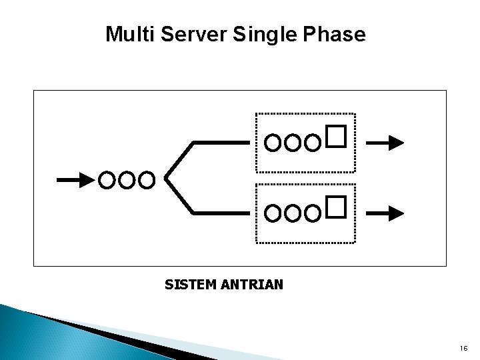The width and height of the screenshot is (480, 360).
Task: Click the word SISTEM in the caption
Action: (189, 285)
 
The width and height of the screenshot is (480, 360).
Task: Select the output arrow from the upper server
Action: (386, 142)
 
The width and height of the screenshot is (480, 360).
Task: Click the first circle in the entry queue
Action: (107, 179)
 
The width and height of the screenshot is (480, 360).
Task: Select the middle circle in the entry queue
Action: (128, 179)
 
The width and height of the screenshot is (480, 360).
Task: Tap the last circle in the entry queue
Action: (149, 179)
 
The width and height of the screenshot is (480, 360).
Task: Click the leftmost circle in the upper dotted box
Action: (273, 142)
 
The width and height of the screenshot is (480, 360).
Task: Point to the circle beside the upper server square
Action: (314, 142)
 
